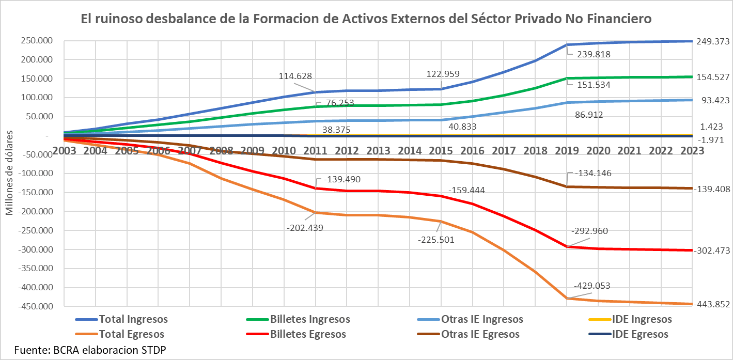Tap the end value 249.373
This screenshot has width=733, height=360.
tap(713, 41)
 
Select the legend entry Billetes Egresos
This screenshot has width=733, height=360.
tap(308, 334)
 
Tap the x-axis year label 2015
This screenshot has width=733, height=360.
tap(441, 150)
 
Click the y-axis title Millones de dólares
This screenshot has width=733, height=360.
tap(9, 171)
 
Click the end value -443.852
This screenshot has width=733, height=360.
tap(712, 305)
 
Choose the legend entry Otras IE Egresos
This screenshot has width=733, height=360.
tap(480, 334)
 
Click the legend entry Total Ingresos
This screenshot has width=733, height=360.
tap(133, 319)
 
